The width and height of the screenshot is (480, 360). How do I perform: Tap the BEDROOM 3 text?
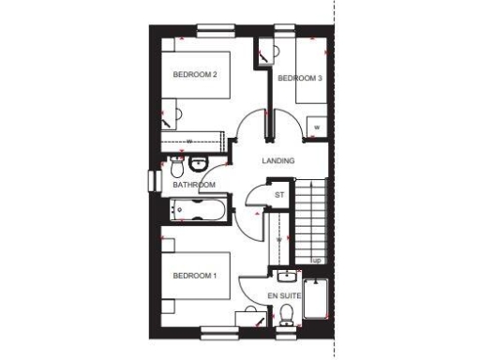pos(299,79)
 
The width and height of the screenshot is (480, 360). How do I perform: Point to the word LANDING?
pos(277,160)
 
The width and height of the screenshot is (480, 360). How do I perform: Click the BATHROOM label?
pos(194,185)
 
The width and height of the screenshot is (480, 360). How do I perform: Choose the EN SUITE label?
pos(285,295)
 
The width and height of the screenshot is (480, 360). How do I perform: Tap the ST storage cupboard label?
pos(278,195)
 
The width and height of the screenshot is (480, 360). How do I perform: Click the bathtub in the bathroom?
pos(201,210)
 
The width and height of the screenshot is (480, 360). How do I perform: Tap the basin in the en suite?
pos(288,276)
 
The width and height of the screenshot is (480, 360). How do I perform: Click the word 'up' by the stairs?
pos(317,260)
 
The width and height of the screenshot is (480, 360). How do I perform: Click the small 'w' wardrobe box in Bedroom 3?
pos(317,126)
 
